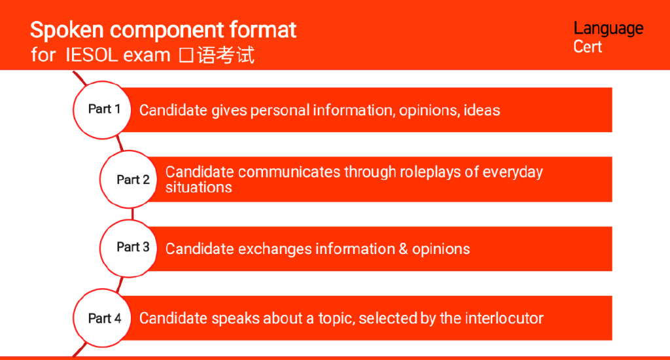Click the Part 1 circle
pyautogui.click(x=102, y=110)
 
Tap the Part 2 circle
pyautogui.click(x=129, y=179)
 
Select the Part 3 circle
pyautogui.click(x=129, y=249)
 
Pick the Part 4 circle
pyautogui.click(x=102, y=318)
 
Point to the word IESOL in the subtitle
pyautogui.click(x=92, y=55)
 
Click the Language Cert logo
pyautogui.click(x=608, y=37)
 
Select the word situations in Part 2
pyautogui.click(x=199, y=187)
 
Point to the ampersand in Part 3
pyautogui.click(x=403, y=249)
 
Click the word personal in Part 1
pyautogui.click(x=280, y=111)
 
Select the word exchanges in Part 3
pyautogui.click(x=275, y=249)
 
